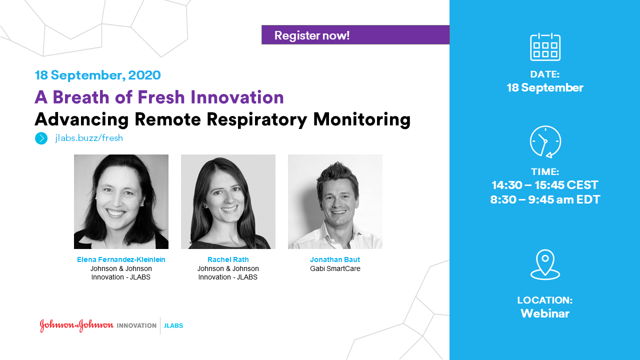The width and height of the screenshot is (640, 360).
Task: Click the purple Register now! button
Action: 355,35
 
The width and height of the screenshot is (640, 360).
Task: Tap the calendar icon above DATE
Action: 545,47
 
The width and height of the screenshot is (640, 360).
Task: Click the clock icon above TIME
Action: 545,141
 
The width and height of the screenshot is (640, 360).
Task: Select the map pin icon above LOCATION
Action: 545,264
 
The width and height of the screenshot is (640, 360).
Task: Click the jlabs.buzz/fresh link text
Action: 89,138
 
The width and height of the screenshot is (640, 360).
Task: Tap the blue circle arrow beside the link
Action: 41,138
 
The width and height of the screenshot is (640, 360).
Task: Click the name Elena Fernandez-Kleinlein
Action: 121,259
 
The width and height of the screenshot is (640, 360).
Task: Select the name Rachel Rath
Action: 228,259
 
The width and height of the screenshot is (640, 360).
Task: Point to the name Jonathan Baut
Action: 335,259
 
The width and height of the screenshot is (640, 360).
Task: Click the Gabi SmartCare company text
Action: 335,268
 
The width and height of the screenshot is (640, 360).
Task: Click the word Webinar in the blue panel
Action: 545,313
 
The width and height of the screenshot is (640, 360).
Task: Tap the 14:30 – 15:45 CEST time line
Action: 545,185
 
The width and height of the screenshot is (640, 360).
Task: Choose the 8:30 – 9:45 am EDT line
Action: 545,199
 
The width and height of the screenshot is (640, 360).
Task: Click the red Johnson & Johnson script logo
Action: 76,325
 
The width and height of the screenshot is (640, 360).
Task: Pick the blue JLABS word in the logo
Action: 173,325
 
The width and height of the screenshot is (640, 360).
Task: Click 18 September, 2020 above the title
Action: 97,75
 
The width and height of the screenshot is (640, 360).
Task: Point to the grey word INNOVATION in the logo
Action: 136,325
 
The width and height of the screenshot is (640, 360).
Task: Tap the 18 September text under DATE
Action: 545,87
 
